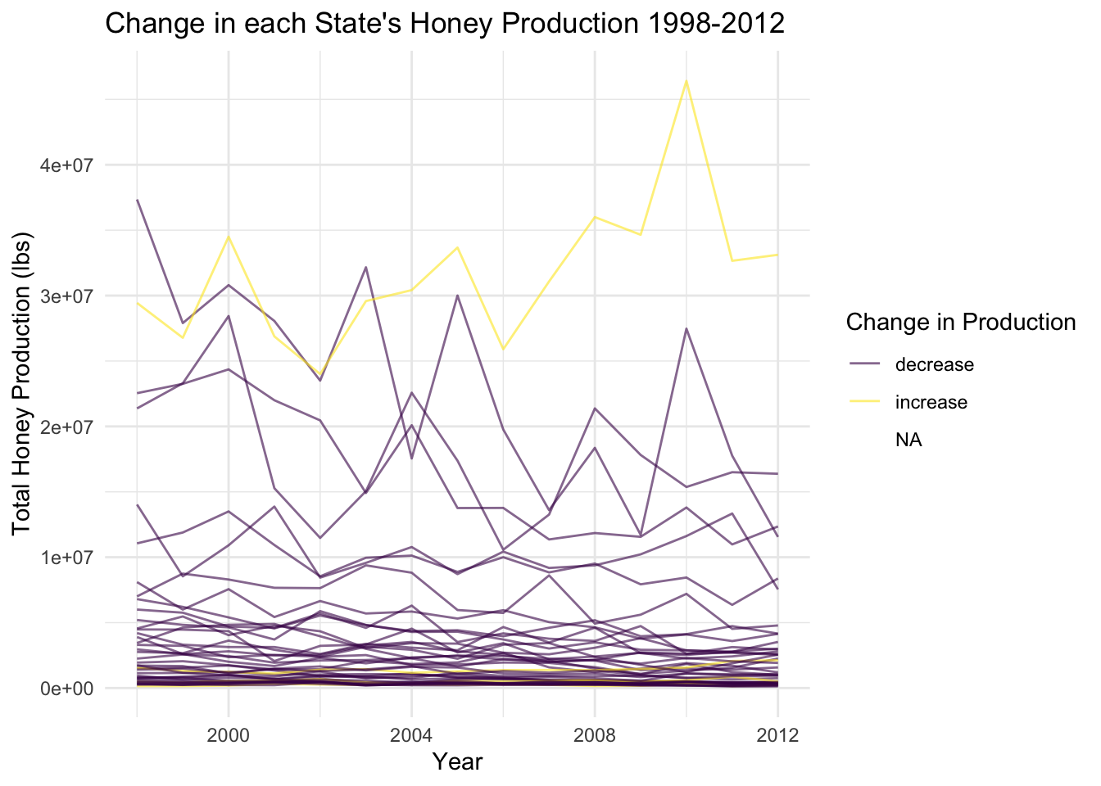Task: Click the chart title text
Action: pyautogui.click(x=445, y=23)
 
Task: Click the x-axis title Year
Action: pyautogui.click(x=457, y=761)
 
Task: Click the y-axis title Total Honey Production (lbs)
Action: pyautogui.click(x=22, y=385)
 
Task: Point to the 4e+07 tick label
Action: pyautogui.click(x=67, y=165)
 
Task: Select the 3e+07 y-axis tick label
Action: pyautogui.click(x=67, y=296)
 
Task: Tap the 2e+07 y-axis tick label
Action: pyautogui.click(x=67, y=427)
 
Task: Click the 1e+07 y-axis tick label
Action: pyautogui.click(x=67, y=558)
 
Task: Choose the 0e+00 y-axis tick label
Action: pyautogui.click(x=67, y=689)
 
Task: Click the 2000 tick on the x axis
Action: pyautogui.click(x=229, y=734)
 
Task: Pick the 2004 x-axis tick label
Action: pyautogui.click(x=411, y=734)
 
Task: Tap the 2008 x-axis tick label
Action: pyautogui.click(x=595, y=734)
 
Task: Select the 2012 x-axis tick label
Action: pyautogui.click(x=777, y=734)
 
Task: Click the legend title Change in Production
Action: pyautogui.click(x=960, y=323)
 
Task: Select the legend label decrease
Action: pyautogui.click(x=934, y=365)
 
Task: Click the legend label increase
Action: pyautogui.click(x=931, y=403)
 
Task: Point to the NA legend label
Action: pyautogui.click(x=908, y=440)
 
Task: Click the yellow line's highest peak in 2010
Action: pyautogui.click(x=686, y=80)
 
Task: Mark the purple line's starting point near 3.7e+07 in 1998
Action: pyautogui.click(x=138, y=200)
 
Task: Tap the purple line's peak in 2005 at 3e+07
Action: pyautogui.click(x=457, y=295)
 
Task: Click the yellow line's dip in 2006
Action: pyautogui.click(x=503, y=350)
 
